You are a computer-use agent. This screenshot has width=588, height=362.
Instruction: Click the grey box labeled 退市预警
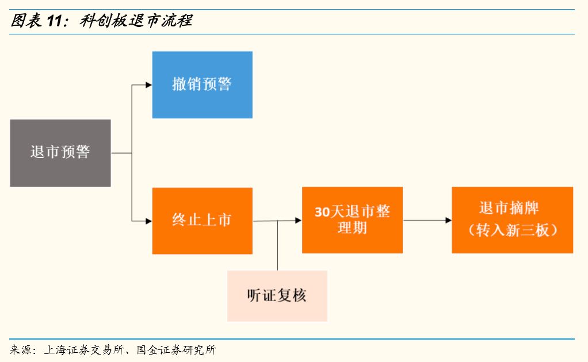pyautogui.click(x=60, y=153)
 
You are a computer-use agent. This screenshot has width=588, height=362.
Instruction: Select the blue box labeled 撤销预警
pyautogui.click(x=202, y=85)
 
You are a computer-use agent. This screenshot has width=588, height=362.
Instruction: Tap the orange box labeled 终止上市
pyautogui.click(x=202, y=221)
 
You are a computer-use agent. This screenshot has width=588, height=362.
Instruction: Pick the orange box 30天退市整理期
pyautogui.click(x=352, y=220)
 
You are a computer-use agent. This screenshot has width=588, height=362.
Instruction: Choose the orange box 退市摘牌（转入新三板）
pyautogui.click(x=512, y=220)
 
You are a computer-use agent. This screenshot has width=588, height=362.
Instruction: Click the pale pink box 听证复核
pyautogui.click(x=277, y=296)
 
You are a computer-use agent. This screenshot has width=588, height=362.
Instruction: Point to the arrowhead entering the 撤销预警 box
pyautogui.click(x=148, y=85)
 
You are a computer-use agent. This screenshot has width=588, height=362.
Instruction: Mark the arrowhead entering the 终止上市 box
pyautogui.click(x=148, y=221)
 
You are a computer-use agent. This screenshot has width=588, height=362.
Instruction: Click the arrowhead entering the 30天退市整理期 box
pyautogui.click(x=298, y=220)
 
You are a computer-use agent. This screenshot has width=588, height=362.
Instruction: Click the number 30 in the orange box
pyautogui.click(x=322, y=212)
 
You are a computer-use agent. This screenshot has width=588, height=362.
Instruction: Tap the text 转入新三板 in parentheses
pyautogui.click(x=512, y=231)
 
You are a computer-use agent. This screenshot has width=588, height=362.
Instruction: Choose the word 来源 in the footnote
pyautogui.click(x=20, y=350)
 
